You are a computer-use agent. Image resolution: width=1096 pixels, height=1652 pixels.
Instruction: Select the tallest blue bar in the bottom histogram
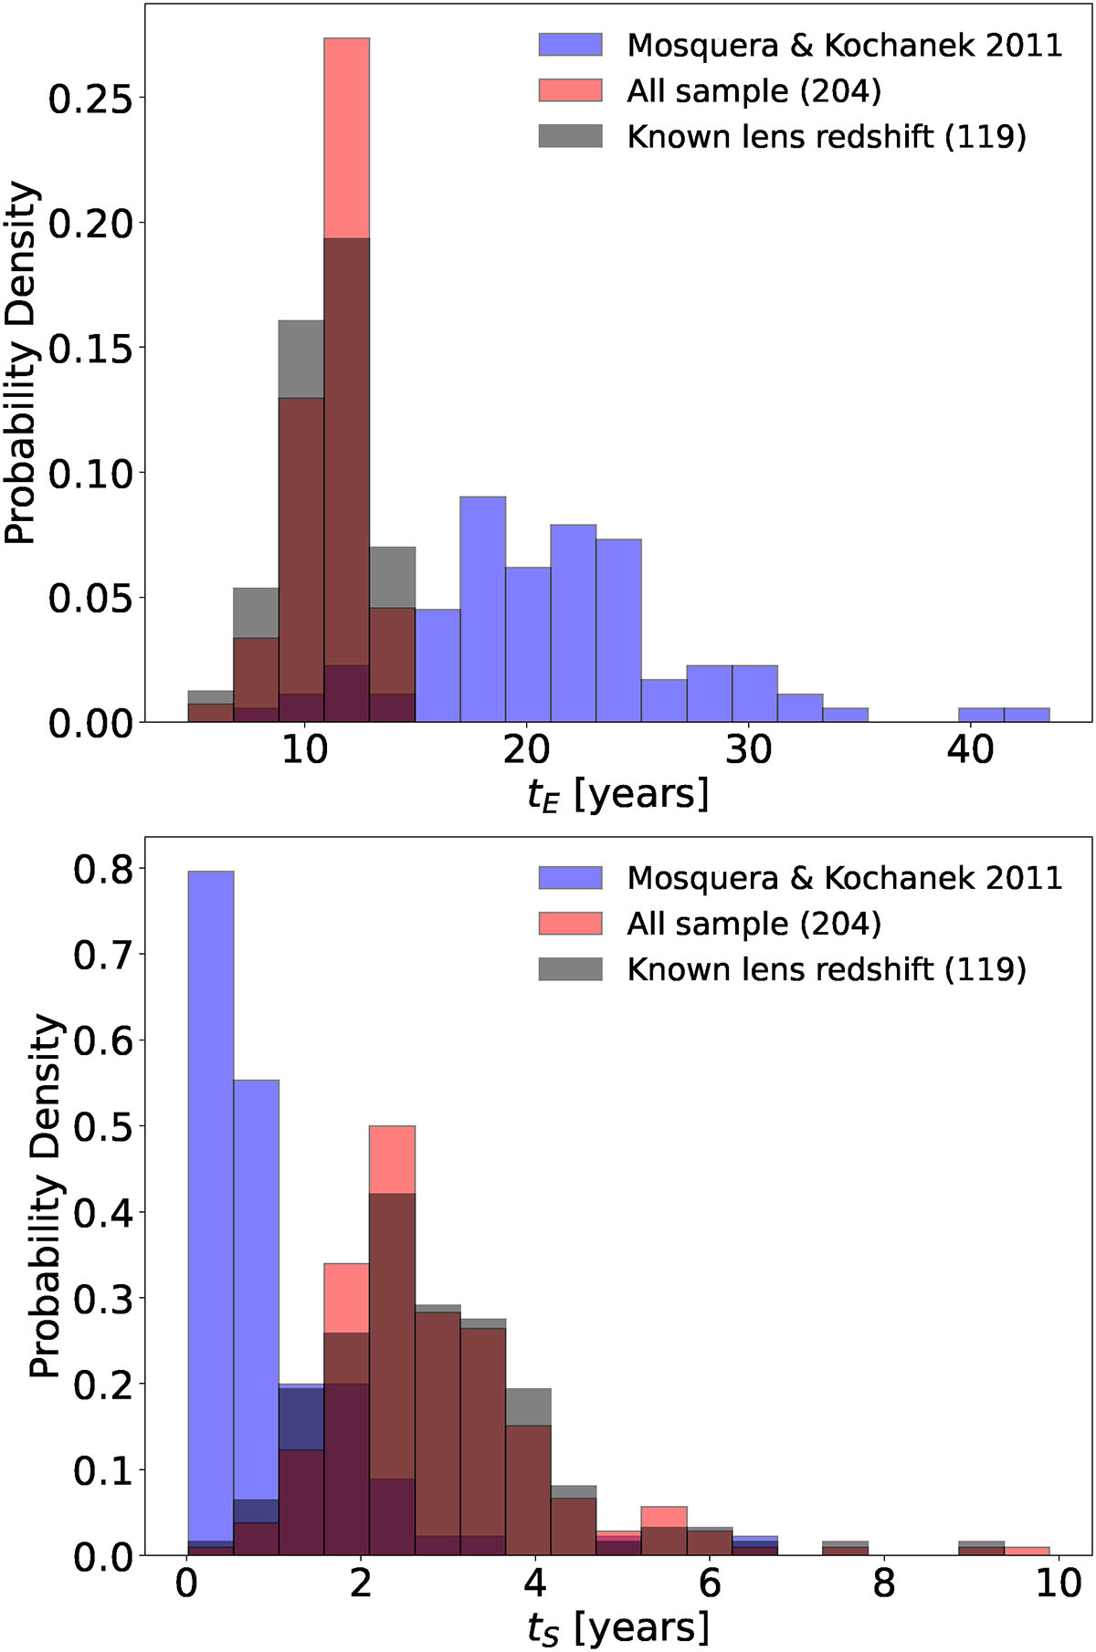[211, 1213]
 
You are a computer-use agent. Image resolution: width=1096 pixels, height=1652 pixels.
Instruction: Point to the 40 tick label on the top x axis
[970, 750]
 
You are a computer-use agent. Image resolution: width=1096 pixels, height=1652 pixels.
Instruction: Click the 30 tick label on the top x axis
[748, 750]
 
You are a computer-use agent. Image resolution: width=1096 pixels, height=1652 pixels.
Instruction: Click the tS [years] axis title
[618, 1627]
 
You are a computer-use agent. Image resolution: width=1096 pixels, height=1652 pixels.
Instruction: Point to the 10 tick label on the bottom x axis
[1059, 1584]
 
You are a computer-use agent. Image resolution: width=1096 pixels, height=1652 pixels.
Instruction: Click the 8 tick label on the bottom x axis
[884, 1584]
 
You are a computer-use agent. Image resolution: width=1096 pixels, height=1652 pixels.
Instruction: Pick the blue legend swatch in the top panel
[571, 45]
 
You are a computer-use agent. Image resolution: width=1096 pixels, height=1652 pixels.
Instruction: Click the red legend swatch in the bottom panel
[571, 923]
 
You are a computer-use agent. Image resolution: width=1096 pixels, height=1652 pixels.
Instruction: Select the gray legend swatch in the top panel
[571, 136]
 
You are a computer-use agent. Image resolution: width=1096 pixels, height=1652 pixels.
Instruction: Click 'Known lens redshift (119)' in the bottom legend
[827, 969]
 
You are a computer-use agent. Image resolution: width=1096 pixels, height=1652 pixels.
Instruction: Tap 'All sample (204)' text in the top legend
[753, 91]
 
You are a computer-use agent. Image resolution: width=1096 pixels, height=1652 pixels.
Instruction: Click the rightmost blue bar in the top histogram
[1027, 715]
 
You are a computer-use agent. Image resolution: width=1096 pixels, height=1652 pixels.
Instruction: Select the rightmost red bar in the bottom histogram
[1027, 1551]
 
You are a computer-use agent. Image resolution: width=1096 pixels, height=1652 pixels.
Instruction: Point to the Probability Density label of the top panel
[20, 363]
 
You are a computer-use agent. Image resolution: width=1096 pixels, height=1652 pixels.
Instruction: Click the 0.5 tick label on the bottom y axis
[101, 1126]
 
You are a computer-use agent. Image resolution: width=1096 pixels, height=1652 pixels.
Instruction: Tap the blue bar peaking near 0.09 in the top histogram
[483, 610]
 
